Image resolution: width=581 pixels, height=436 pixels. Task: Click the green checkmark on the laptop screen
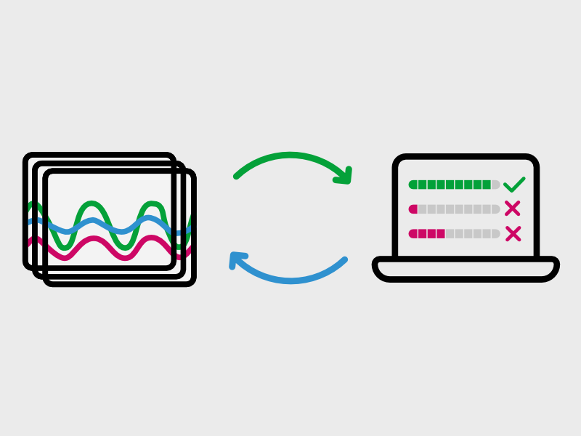coord(513,185)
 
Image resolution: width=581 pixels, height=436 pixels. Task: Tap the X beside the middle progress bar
coord(512,209)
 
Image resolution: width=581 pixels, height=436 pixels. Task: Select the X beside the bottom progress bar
coord(513,233)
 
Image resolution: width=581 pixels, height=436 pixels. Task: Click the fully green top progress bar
coord(450,185)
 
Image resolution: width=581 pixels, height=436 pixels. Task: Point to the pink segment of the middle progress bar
coord(413,209)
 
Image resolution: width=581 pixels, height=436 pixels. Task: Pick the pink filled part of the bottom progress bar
coord(427,234)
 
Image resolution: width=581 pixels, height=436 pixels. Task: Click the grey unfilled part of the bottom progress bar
coord(472,234)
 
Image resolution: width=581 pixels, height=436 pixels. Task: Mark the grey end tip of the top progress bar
coord(496,185)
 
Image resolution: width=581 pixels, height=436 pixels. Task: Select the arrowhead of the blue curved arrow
coord(238,260)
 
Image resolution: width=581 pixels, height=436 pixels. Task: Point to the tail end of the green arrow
coord(237,175)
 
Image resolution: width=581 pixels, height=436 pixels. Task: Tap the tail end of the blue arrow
coord(344,260)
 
